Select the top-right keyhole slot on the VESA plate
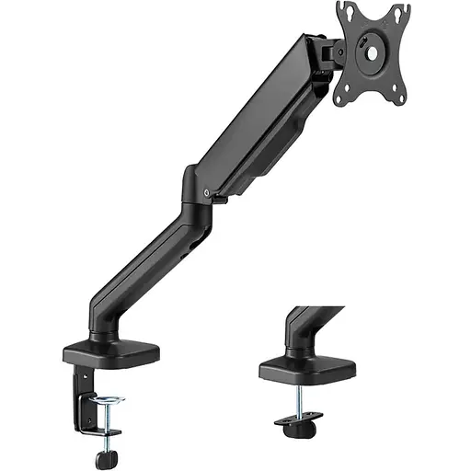click(x=396, y=12)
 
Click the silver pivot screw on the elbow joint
click(x=211, y=192)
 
